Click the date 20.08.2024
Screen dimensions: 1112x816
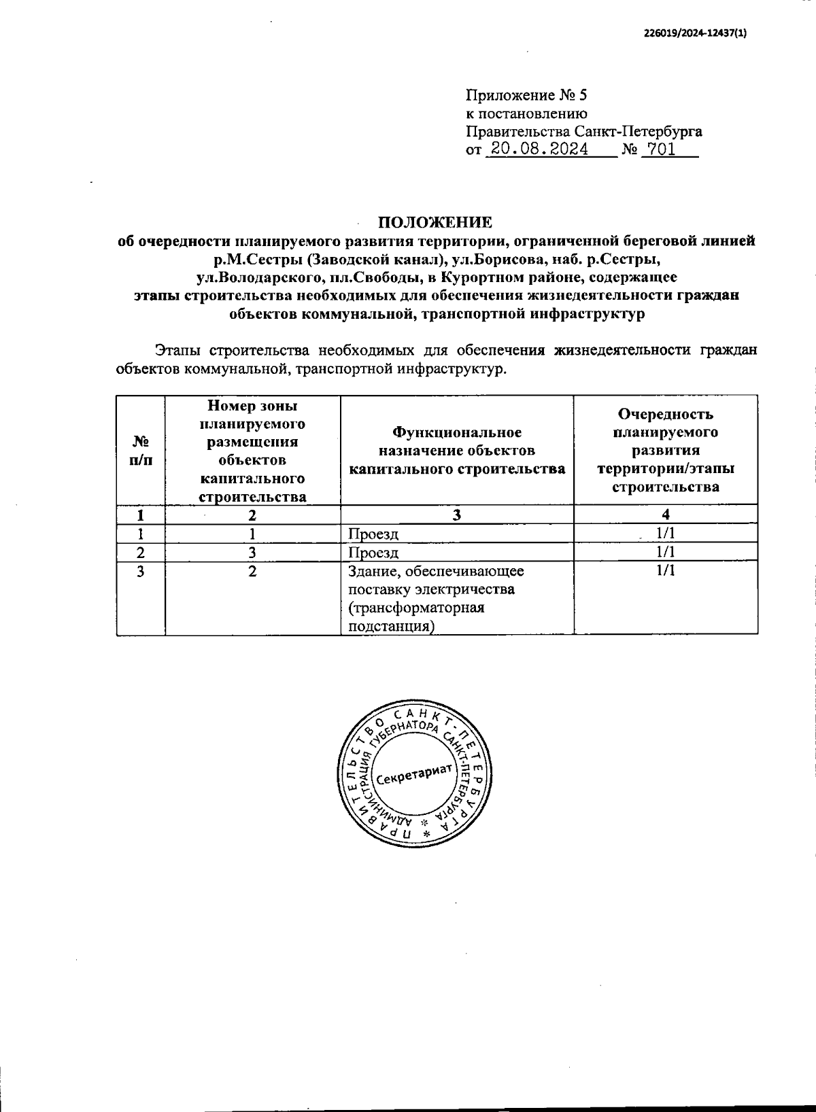click(539, 150)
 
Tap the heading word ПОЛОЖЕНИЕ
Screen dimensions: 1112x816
click(435, 222)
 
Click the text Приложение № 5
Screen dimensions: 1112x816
click(522, 95)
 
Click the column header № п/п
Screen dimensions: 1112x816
click(141, 450)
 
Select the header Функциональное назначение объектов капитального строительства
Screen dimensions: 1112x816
click(457, 451)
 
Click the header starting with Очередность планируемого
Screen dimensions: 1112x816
click(665, 450)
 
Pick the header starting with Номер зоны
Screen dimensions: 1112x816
click(252, 451)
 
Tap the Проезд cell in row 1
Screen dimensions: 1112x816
click(373, 534)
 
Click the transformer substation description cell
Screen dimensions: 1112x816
click(435, 598)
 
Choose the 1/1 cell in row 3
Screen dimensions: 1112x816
click(665, 571)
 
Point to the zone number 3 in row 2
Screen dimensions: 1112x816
click(252, 553)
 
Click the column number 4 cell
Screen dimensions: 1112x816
click(665, 515)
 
